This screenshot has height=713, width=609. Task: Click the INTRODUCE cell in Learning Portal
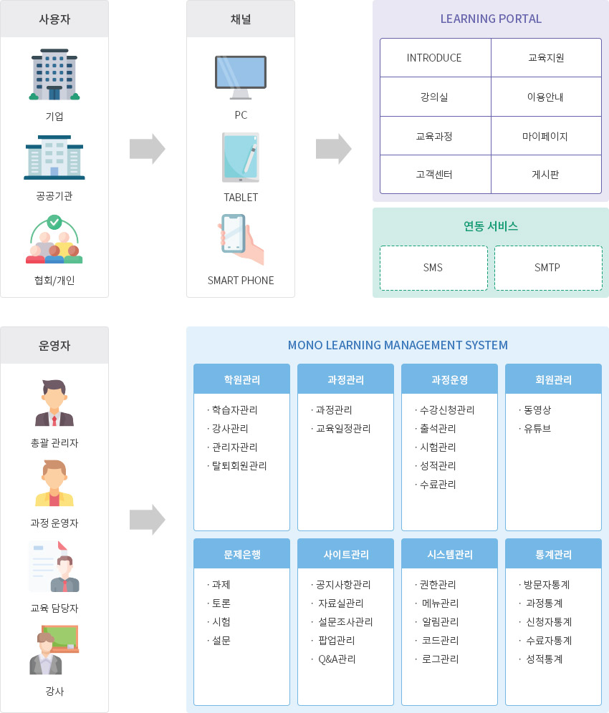(435, 58)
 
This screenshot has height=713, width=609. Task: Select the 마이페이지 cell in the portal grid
(546, 136)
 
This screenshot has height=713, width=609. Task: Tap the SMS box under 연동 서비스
(433, 268)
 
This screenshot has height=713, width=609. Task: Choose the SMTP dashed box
(548, 268)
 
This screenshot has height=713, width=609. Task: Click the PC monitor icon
(240, 77)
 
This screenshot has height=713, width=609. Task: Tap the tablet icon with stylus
(241, 157)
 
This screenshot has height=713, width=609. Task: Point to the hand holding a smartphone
(241, 239)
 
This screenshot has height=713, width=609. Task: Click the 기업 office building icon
(54, 74)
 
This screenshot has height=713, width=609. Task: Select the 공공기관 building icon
(54, 157)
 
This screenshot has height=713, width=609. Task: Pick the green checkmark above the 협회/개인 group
(54, 223)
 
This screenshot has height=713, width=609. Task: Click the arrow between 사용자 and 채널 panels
(147, 149)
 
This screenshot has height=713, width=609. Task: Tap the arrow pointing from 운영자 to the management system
(147, 520)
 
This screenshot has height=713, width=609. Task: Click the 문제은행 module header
(241, 554)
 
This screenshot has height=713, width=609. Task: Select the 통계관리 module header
(553, 554)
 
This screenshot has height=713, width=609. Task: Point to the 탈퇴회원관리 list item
(237, 465)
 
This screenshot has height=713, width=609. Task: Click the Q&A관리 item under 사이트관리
(334, 659)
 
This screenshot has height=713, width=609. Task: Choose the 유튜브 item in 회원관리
(535, 428)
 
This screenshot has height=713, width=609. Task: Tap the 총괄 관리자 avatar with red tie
(54, 403)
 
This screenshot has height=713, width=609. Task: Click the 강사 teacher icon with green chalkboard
(54, 650)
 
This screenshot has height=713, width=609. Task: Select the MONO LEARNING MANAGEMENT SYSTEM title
(398, 345)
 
